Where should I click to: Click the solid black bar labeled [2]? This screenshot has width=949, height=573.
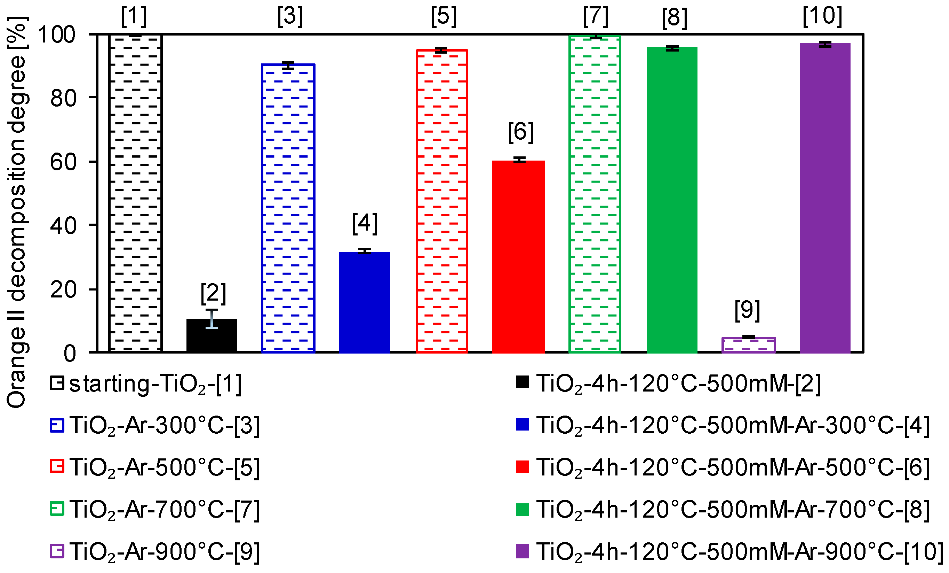pyautogui.click(x=212, y=335)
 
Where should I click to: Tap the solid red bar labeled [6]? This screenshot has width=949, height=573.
pyautogui.click(x=518, y=256)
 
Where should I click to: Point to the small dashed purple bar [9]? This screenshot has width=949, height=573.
pyautogui.click(x=748, y=345)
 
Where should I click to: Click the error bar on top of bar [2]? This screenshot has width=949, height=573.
pyautogui.click(x=212, y=318)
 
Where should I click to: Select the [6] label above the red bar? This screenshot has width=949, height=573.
pyautogui.click(x=521, y=132)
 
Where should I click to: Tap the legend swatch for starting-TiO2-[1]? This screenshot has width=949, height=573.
pyautogui.click(x=57, y=383)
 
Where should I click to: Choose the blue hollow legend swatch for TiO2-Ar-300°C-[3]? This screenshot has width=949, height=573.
pyautogui.click(x=57, y=425)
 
